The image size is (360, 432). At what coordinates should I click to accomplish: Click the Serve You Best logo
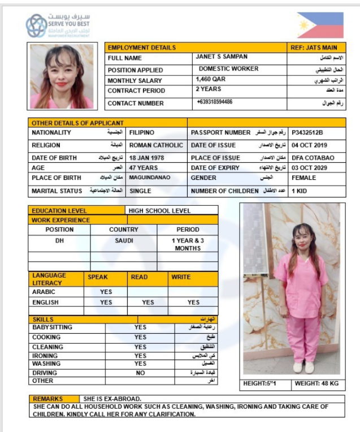[58, 25]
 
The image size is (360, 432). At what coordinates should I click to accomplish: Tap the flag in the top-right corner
[320, 25]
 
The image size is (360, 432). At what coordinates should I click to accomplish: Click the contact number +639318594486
[215, 102]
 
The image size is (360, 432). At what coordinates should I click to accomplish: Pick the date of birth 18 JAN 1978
[148, 158]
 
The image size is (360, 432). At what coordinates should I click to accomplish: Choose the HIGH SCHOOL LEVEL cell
[160, 211]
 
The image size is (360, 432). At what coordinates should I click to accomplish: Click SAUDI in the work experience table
[124, 240]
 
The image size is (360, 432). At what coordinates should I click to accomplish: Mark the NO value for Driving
[141, 373]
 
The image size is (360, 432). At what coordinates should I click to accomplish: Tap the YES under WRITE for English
[194, 303]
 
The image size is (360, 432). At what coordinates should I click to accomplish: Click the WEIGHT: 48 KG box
[316, 383]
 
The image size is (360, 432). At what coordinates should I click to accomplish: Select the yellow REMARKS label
[48, 399]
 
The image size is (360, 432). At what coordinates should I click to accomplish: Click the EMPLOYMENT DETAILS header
[142, 47]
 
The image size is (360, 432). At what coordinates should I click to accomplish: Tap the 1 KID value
[300, 191]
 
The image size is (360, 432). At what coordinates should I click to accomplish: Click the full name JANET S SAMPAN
[222, 57]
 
